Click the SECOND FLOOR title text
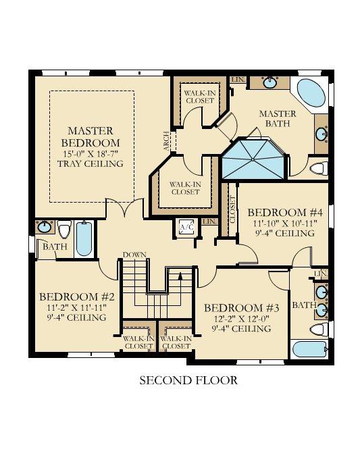pos(188,380)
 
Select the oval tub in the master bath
pos(311,93)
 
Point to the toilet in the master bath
pos(319,168)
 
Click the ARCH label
pos(167,141)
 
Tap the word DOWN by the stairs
pos(134,255)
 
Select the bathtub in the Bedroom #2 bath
pos(84,238)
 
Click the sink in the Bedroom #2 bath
pos(45,227)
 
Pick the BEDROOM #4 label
pos(285,213)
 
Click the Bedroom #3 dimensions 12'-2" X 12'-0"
pos(242,319)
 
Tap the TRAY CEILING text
pos(91,163)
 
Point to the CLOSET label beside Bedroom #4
pos(232,209)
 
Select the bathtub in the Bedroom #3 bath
pos(310,349)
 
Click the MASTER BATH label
pos(278,118)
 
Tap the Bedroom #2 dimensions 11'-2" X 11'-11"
pos(76,307)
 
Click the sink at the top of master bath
pos(269,82)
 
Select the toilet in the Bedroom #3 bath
pos(319,330)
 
